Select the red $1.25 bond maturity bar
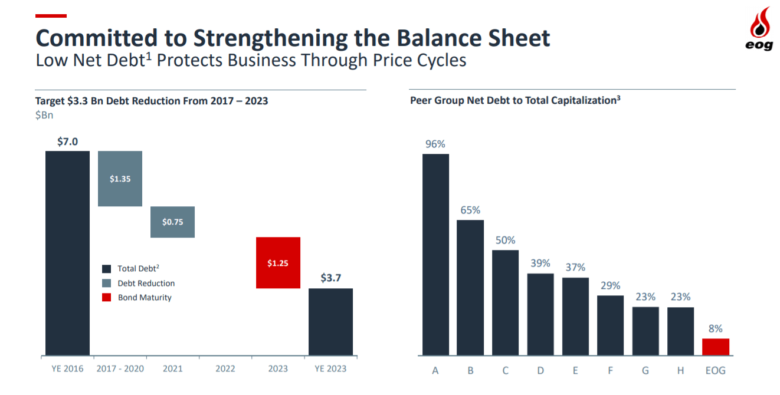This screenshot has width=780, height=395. (278, 262)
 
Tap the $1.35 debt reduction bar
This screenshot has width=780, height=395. (120, 179)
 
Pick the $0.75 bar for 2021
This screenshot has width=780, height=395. (172, 222)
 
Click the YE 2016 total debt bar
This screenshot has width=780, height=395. (67, 254)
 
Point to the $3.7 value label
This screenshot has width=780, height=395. (330, 278)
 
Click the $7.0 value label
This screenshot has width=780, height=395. (67, 141)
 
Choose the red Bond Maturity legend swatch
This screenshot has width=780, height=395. (106, 297)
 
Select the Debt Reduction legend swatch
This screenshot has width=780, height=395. (106, 283)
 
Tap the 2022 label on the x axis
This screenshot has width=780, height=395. (225, 369)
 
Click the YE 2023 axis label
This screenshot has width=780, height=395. (330, 369)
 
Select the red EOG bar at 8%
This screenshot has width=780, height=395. (716, 347)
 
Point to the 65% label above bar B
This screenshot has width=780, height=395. (470, 210)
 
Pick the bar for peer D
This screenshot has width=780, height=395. (540, 314)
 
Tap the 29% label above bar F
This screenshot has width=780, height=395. (610, 285)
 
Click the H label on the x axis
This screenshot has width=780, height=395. (680, 371)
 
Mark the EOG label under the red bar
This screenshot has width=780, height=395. (715, 371)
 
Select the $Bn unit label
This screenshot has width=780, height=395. (44, 115)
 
